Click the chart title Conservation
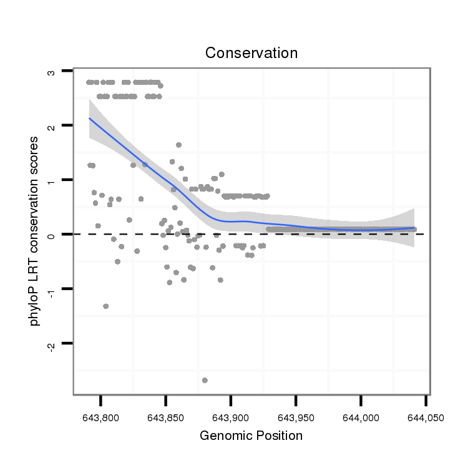coord(251,53)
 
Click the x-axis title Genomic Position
coord(251,436)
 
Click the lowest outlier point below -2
coord(205,380)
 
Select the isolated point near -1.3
coord(105,306)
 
